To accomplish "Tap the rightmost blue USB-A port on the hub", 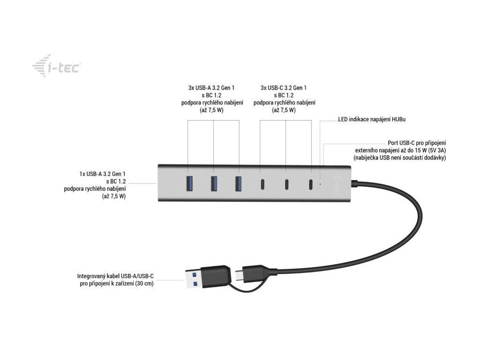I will coord(239,183).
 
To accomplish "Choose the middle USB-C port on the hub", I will coord(286,184).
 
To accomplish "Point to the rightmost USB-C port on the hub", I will coord(311,184).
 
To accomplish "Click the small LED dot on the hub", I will coord(320,184).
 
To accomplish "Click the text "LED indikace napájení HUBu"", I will coord(372,120).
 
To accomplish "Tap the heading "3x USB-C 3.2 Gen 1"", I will coord(284,88).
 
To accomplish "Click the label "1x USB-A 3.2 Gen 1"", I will coord(102,173).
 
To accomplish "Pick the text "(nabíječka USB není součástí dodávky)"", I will coord(399,158).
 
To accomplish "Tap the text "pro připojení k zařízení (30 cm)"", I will coord(117,284).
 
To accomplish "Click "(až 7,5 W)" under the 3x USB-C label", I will coord(284,110).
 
